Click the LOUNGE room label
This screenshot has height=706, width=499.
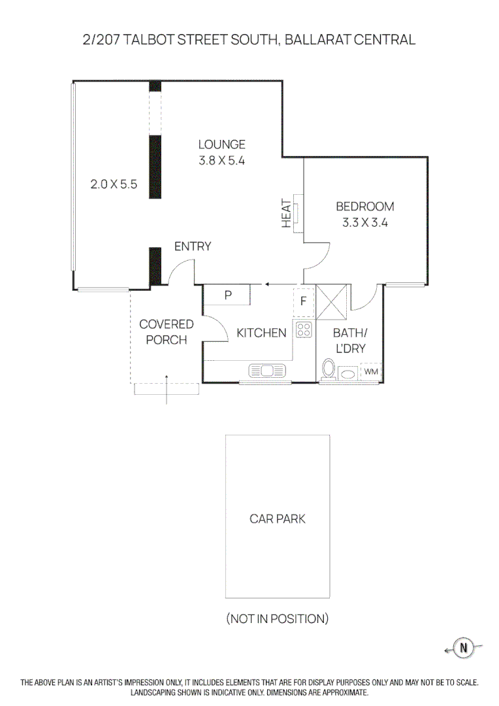tap(222, 144)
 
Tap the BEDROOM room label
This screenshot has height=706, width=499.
tap(365, 207)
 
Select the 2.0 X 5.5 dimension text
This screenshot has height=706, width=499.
tap(114, 184)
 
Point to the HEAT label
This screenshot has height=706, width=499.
tap(286, 214)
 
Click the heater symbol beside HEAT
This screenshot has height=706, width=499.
tap(298, 213)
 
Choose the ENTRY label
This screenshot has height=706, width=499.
tap(193, 246)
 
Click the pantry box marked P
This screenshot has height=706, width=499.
tap(228, 295)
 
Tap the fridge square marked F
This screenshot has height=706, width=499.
tap(304, 302)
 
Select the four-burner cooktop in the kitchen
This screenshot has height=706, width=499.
tap(304, 329)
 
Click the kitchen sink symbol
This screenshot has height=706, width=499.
tap(267, 371)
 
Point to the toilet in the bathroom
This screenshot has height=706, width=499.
tap(329, 369)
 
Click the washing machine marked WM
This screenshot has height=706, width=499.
tap(371, 371)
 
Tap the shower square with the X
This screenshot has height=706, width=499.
tap(330, 301)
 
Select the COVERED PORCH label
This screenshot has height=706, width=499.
tap(167, 332)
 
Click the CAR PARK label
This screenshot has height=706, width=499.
tap(278, 519)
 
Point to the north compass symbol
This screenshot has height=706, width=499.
tap(464, 648)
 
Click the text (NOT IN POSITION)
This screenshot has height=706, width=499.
tap(278, 618)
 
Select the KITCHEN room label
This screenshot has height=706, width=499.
tap(261, 333)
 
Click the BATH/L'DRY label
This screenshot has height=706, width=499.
tap(349, 340)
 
